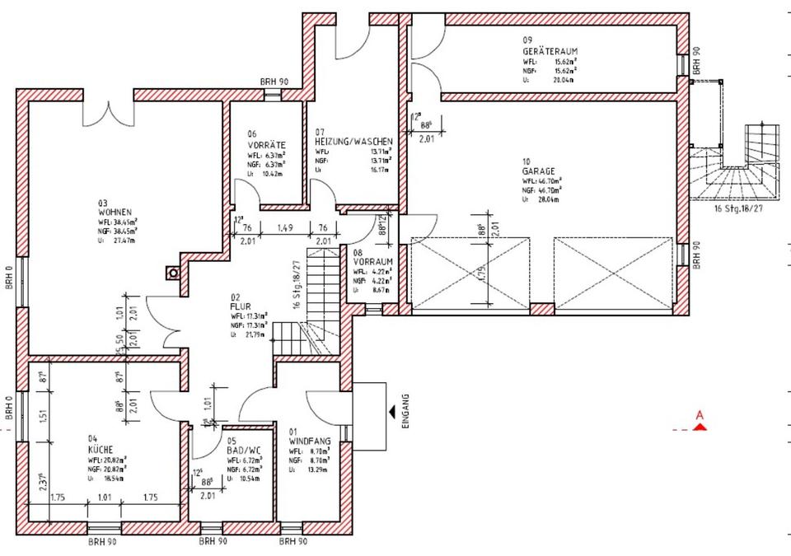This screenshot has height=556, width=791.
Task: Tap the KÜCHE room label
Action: coord(101,450)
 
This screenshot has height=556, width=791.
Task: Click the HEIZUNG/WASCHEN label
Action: coord(353,142)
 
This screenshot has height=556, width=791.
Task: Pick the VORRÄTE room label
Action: coord(265,144)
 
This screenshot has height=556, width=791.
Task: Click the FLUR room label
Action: coord(240,306)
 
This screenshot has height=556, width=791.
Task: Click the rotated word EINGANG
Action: coord(405,412)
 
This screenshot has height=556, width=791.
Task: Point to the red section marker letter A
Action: coord(700,417)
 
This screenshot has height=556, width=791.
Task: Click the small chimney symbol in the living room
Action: coord(173,272)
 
